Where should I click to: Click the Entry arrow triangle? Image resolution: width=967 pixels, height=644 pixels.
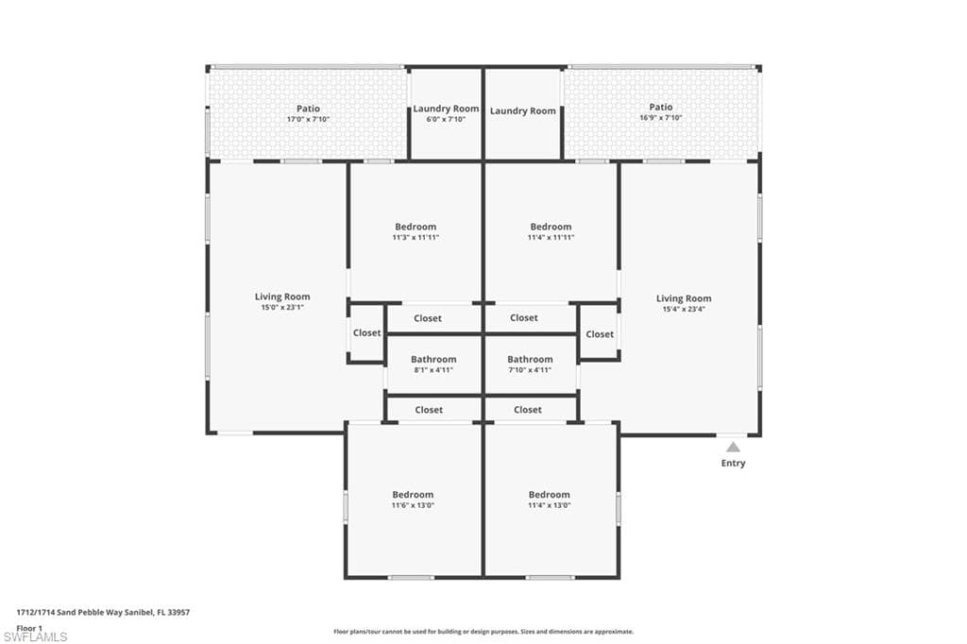click(x=733, y=448)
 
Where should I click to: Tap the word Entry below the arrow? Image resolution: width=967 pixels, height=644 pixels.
click(x=733, y=464)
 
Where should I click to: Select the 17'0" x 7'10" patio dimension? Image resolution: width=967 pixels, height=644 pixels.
click(x=309, y=119)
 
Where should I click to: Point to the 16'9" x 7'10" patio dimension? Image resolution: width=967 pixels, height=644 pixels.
click(x=660, y=118)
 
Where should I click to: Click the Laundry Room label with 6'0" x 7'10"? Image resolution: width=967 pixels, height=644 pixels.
click(x=446, y=109)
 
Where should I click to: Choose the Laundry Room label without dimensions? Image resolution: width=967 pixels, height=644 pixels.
click(x=523, y=111)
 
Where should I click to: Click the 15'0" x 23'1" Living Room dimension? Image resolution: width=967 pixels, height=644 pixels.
click(x=282, y=307)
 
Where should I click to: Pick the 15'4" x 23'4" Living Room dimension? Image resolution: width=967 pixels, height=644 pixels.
click(x=684, y=309)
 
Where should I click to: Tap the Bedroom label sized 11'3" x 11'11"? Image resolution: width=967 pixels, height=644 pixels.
click(x=416, y=227)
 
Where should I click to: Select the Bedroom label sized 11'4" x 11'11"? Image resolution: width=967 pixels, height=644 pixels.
click(x=551, y=227)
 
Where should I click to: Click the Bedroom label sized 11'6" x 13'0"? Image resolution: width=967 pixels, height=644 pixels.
click(x=413, y=495)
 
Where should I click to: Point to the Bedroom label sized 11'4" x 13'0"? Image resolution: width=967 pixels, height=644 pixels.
click(x=549, y=495)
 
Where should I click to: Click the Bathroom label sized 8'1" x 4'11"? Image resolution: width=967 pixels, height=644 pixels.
click(x=433, y=360)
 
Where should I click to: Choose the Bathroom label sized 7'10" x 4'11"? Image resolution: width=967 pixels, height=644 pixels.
click(x=530, y=360)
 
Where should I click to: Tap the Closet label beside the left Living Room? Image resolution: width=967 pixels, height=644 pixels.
click(x=367, y=333)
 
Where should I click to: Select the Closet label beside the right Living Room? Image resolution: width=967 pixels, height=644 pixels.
click(x=600, y=334)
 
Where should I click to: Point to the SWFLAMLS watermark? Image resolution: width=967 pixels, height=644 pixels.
click(x=35, y=636)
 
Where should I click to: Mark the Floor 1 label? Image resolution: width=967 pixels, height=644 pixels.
click(x=29, y=628)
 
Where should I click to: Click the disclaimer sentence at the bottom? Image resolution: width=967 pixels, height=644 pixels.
click(x=483, y=632)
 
